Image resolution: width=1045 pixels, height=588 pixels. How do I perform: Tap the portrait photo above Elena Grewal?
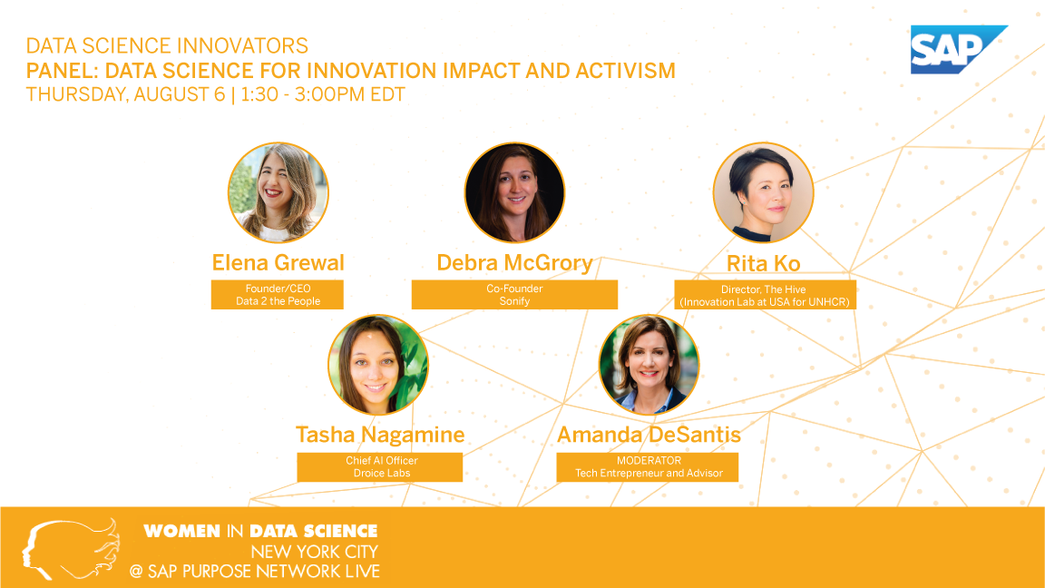tap(278, 192)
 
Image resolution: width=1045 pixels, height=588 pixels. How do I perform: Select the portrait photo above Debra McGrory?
tap(514, 192)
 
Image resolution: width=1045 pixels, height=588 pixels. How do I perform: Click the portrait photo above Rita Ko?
tap(764, 192)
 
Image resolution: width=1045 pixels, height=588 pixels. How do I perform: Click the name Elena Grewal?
tap(278, 263)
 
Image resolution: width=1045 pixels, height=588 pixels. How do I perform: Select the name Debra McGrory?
tap(514, 263)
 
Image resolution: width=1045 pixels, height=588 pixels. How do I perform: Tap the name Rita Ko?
tap(764, 263)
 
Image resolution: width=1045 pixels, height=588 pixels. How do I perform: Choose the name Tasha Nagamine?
tap(380, 435)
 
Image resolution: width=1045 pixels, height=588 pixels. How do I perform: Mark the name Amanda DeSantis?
tap(649, 435)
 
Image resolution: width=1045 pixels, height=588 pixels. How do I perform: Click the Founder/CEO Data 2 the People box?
tap(278, 295)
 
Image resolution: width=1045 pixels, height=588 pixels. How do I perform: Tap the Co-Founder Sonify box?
tap(514, 295)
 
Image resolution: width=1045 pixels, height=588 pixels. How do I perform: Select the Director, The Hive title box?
tap(764, 295)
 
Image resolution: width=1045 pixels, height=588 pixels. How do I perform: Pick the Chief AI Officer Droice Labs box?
tap(380, 466)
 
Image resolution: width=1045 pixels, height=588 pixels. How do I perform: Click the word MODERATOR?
tap(649, 461)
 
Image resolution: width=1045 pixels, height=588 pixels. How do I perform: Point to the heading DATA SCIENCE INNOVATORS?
tap(167, 45)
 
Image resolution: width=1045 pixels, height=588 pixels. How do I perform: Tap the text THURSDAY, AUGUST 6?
tap(126, 94)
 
